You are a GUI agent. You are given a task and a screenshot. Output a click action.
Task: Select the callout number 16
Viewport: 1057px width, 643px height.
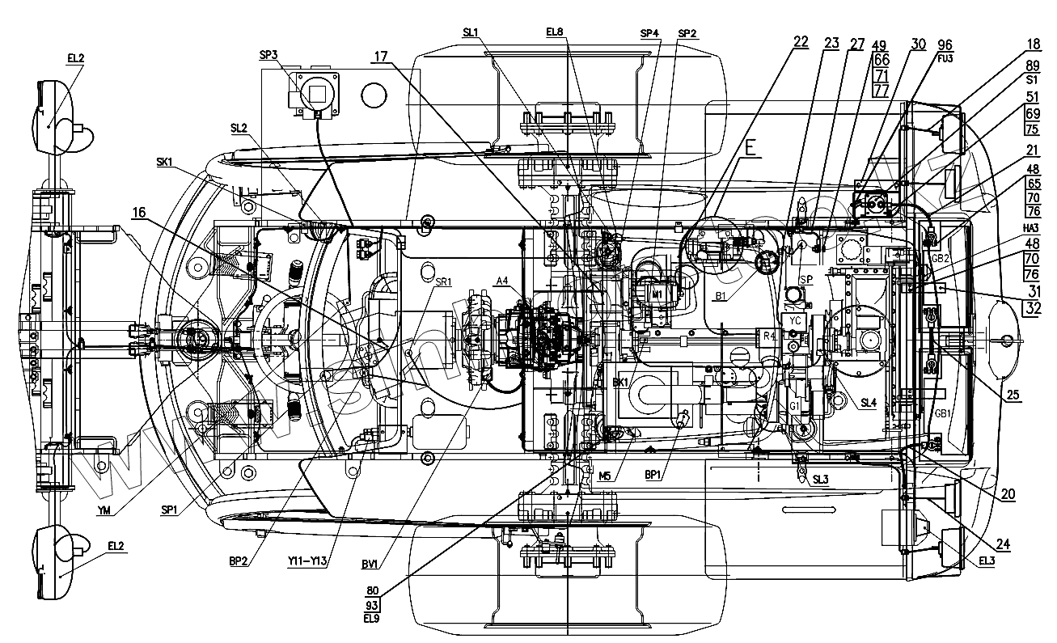(140, 214)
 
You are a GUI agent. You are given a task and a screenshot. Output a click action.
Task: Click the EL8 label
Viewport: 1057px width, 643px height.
(556, 32)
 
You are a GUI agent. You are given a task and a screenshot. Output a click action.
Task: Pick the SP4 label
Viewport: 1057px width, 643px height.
(649, 33)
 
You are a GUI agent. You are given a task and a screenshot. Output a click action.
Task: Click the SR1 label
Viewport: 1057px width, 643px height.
(443, 282)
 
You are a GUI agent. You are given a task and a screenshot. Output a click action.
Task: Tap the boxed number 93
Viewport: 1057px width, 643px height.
(373, 605)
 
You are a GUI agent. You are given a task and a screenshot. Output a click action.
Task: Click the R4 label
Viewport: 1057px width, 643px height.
(769, 334)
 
